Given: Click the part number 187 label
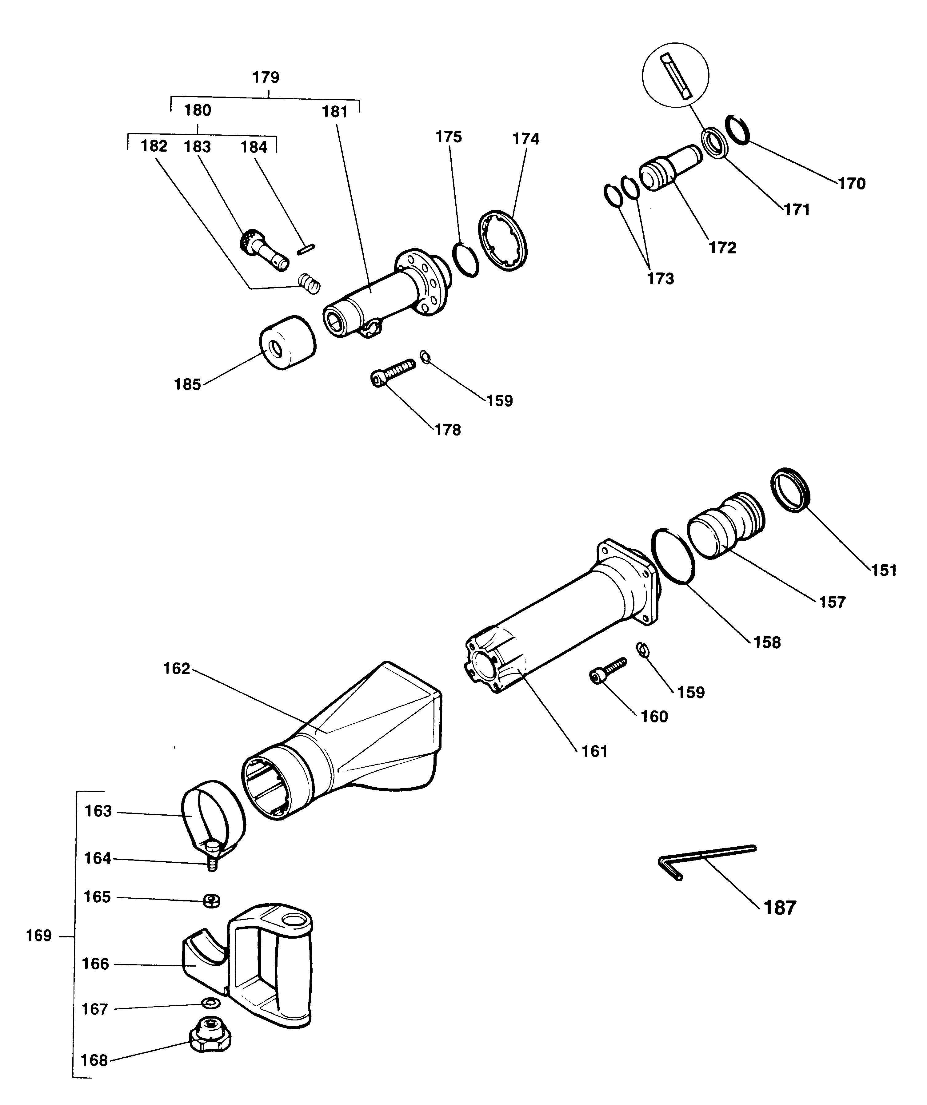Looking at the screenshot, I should tap(780, 907).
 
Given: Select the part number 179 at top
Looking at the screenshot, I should tap(266, 78).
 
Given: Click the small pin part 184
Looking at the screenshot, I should tap(306, 249).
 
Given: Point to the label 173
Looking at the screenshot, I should tap(661, 278).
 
